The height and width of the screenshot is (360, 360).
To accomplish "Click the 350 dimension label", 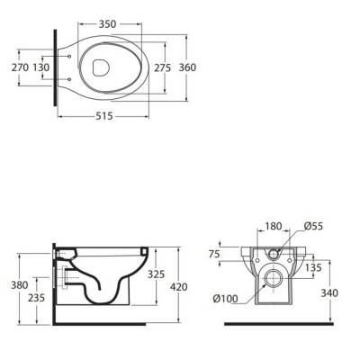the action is pos(107,24).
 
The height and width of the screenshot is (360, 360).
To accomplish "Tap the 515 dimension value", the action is pos(104,116).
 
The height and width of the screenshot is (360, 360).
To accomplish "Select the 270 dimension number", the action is pos(20,67).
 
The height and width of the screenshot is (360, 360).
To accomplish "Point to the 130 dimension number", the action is pos(41,67).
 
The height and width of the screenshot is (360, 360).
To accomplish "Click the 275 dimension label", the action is pos(162,67).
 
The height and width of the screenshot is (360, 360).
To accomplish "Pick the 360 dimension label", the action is pos(187,67).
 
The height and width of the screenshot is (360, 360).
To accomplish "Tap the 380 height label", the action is pos(20,285).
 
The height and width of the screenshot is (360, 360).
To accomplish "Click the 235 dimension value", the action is pos(36,298).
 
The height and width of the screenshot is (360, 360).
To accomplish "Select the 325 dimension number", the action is pos(156,274).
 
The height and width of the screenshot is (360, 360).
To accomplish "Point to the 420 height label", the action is pos(178,287).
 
